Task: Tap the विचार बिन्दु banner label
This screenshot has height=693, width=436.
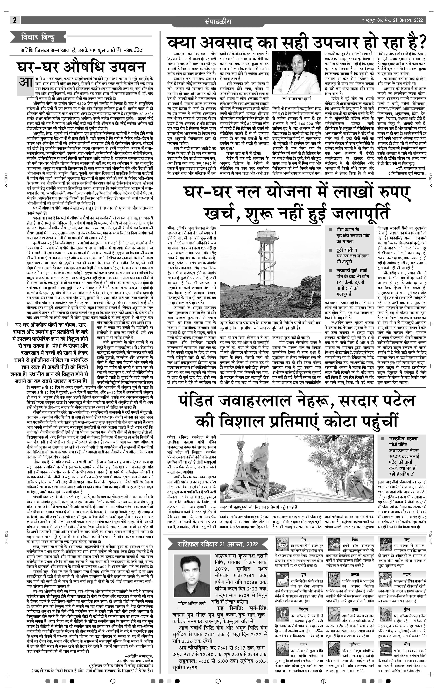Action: point(37,37)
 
